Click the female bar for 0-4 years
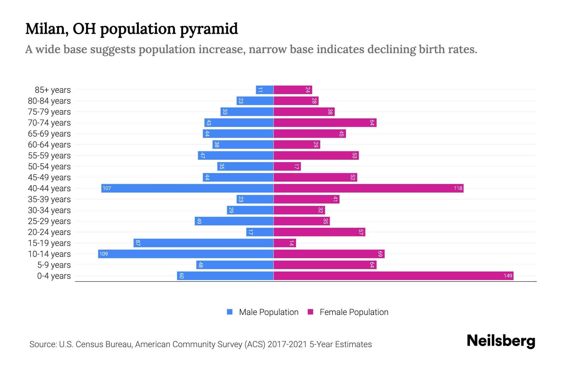[x=393, y=276]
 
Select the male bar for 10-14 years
[x=186, y=254]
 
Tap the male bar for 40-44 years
[x=187, y=188]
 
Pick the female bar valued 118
[x=368, y=188]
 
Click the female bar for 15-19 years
[x=285, y=243]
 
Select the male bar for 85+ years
[x=265, y=90]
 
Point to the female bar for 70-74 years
[x=325, y=122]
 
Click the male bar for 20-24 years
[x=260, y=232]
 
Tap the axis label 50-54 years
[x=49, y=167]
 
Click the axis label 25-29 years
[x=49, y=221]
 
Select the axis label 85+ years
[x=53, y=90]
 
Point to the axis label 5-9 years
[x=54, y=265]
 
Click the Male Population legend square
[x=230, y=312]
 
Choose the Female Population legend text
[x=354, y=312]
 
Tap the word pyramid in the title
[x=209, y=29]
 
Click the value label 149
[x=508, y=276]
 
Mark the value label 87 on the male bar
[x=138, y=243]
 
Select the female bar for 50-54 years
[x=287, y=166]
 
